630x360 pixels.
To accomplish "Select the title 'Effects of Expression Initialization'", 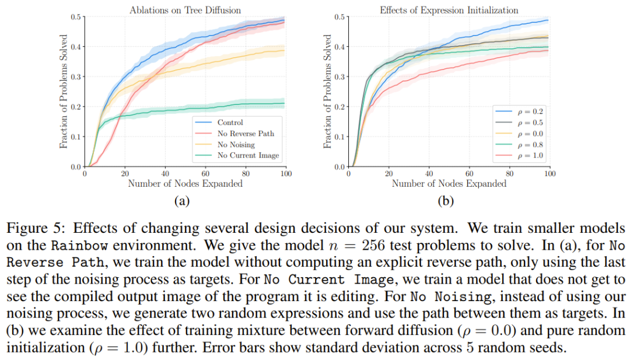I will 449,9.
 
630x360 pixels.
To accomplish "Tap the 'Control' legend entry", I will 230,123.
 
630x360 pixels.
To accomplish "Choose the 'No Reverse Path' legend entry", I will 245,134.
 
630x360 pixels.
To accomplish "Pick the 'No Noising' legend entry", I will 236,145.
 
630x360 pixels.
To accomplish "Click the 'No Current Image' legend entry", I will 247,156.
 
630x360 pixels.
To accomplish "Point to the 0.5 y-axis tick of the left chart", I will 76,16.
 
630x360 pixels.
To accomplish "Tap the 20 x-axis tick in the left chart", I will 125,174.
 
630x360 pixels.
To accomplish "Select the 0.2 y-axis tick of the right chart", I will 340,107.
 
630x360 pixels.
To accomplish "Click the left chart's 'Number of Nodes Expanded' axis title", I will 185,184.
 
